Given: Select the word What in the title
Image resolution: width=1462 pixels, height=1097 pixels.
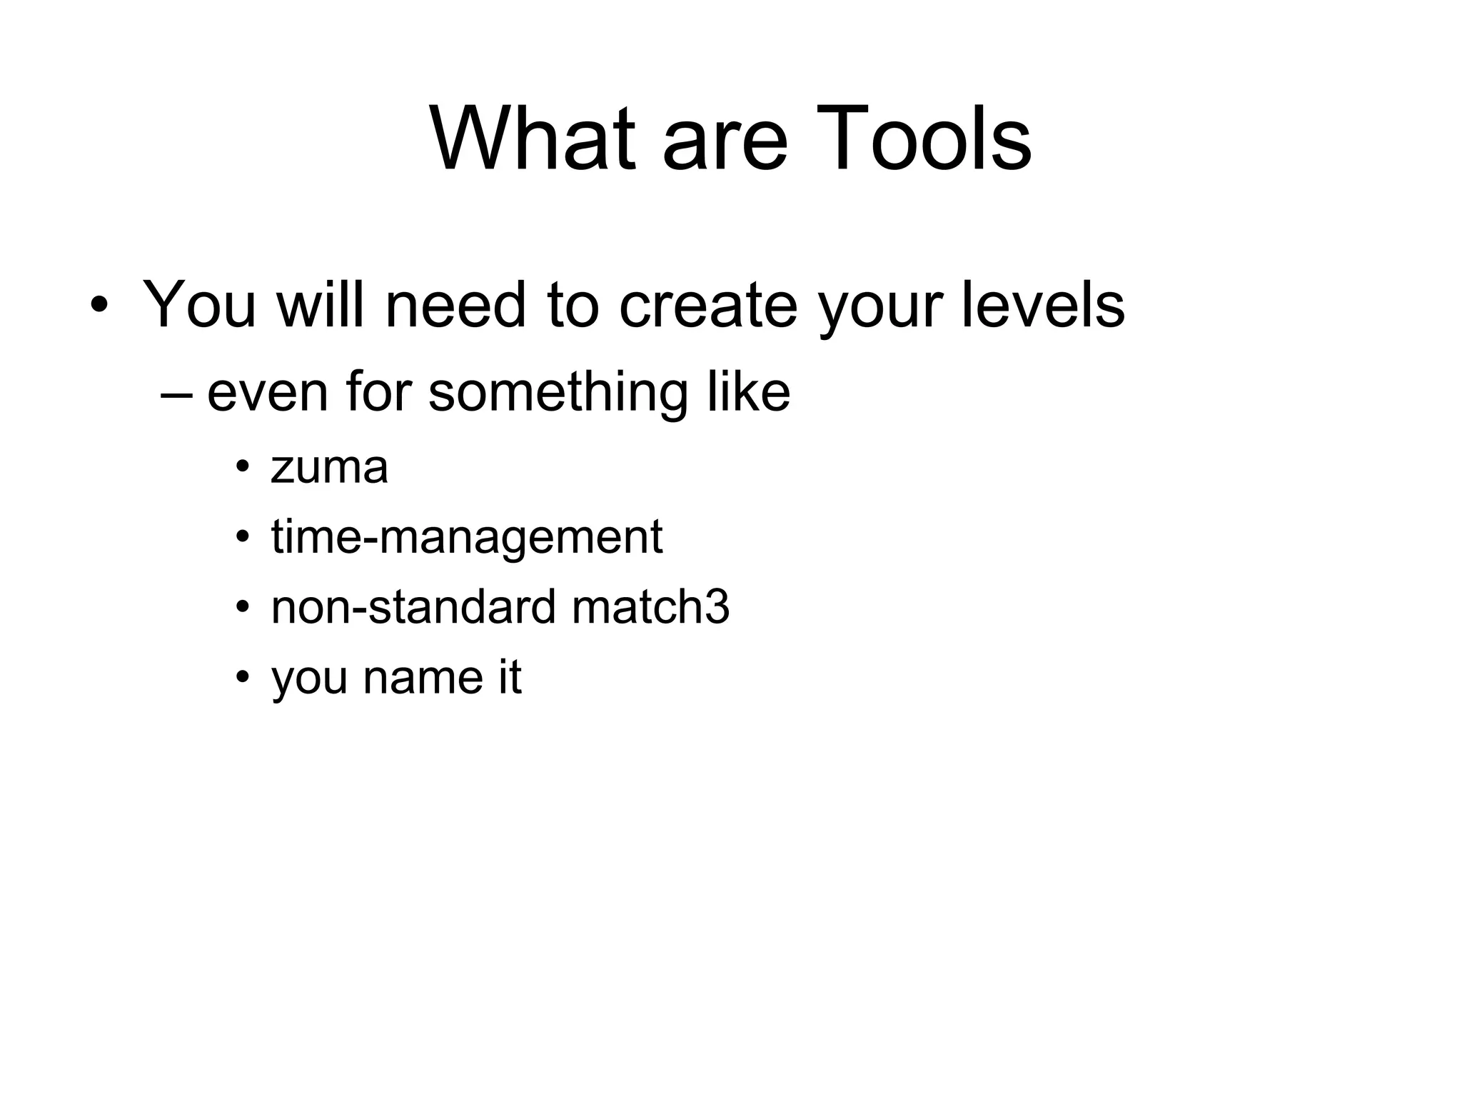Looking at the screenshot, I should coord(533,139).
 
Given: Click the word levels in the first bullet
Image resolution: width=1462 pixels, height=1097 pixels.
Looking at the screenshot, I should coord(1043,305).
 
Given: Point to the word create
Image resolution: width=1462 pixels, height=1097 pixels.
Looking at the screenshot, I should coord(707,305).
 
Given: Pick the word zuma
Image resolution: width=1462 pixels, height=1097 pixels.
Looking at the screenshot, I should coord(329,468).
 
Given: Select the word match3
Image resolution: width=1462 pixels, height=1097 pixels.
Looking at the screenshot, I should coord(650,607).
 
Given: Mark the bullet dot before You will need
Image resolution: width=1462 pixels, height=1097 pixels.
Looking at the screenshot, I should coord(99,305).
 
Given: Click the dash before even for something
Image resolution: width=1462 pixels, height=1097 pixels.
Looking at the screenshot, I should coord(176,394).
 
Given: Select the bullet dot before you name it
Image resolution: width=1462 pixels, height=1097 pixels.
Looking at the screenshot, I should coord(243,676).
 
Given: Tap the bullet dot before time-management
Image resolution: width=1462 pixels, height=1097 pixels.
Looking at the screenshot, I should coord(243,536).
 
